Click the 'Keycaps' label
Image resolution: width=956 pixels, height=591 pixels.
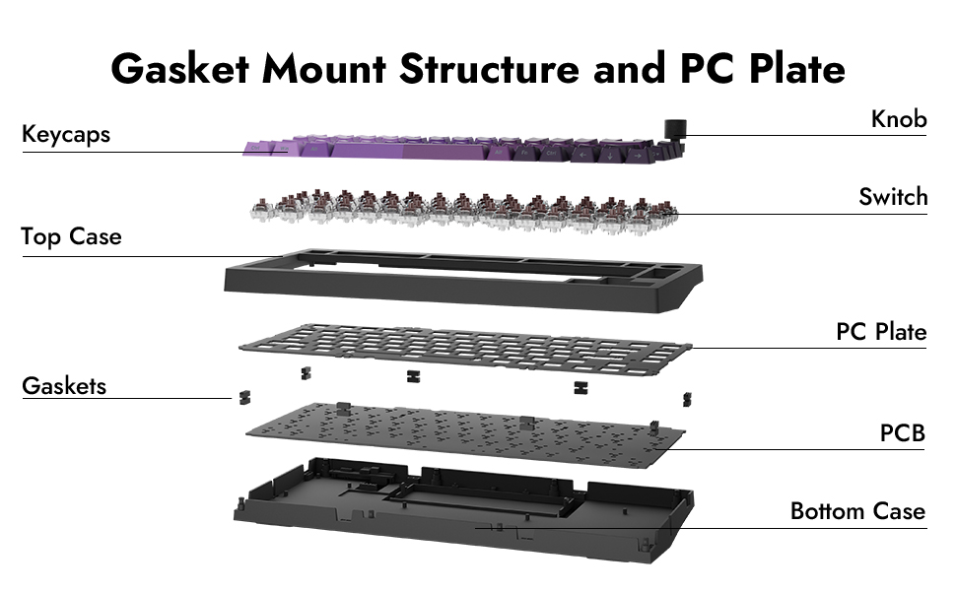[x=66, y=134]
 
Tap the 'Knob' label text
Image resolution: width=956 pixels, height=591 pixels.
[x=899, y=119]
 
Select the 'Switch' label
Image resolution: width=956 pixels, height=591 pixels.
[x=893, y=197]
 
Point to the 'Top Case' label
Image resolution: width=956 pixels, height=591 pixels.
[x=71, y=236]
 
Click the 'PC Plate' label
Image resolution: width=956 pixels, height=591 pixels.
[x=881, y=332]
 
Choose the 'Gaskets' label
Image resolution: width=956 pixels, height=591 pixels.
[x=64, y=386]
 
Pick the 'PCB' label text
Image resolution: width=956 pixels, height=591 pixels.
[x=903, y=432]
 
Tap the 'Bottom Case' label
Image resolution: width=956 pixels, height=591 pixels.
[x=857, y=511]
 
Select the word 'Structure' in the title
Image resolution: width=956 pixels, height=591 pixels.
[x=506, y=69]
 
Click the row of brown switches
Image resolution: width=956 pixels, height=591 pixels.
[x=463, y=205]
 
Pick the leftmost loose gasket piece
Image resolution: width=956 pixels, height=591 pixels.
[x=239, y=397]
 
